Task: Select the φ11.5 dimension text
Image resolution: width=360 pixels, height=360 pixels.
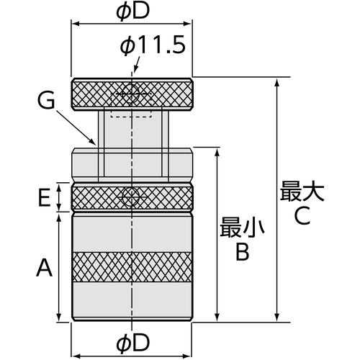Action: click(153, 45)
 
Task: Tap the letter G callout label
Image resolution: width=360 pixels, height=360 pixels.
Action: click(46, 100)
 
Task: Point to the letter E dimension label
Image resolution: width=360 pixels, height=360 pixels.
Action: click(44, 197)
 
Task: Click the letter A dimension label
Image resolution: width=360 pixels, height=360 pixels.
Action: click(44, 267)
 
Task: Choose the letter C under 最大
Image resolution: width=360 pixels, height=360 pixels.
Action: click(302, 215)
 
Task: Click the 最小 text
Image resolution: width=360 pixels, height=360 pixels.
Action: click(242, 227)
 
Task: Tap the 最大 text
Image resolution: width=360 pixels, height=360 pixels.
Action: click(302, 191)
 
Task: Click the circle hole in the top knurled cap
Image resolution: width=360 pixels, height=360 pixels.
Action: click(131, 94)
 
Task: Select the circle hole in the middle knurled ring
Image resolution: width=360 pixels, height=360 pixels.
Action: click(131, 197)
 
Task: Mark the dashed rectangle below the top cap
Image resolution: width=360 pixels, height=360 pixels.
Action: click(131, 114)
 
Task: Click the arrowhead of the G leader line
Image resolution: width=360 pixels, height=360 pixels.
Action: click(94, 142)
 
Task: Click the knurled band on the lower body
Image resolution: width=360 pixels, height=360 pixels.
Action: click(132, 267)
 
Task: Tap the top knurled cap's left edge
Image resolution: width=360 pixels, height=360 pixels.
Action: click(71, 94)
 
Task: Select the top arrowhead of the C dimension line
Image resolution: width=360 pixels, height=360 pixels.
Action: click(277, 83)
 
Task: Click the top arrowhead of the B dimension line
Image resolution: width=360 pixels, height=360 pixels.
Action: click(217, 153)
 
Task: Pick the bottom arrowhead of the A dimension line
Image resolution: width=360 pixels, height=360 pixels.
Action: click(59, 317)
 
